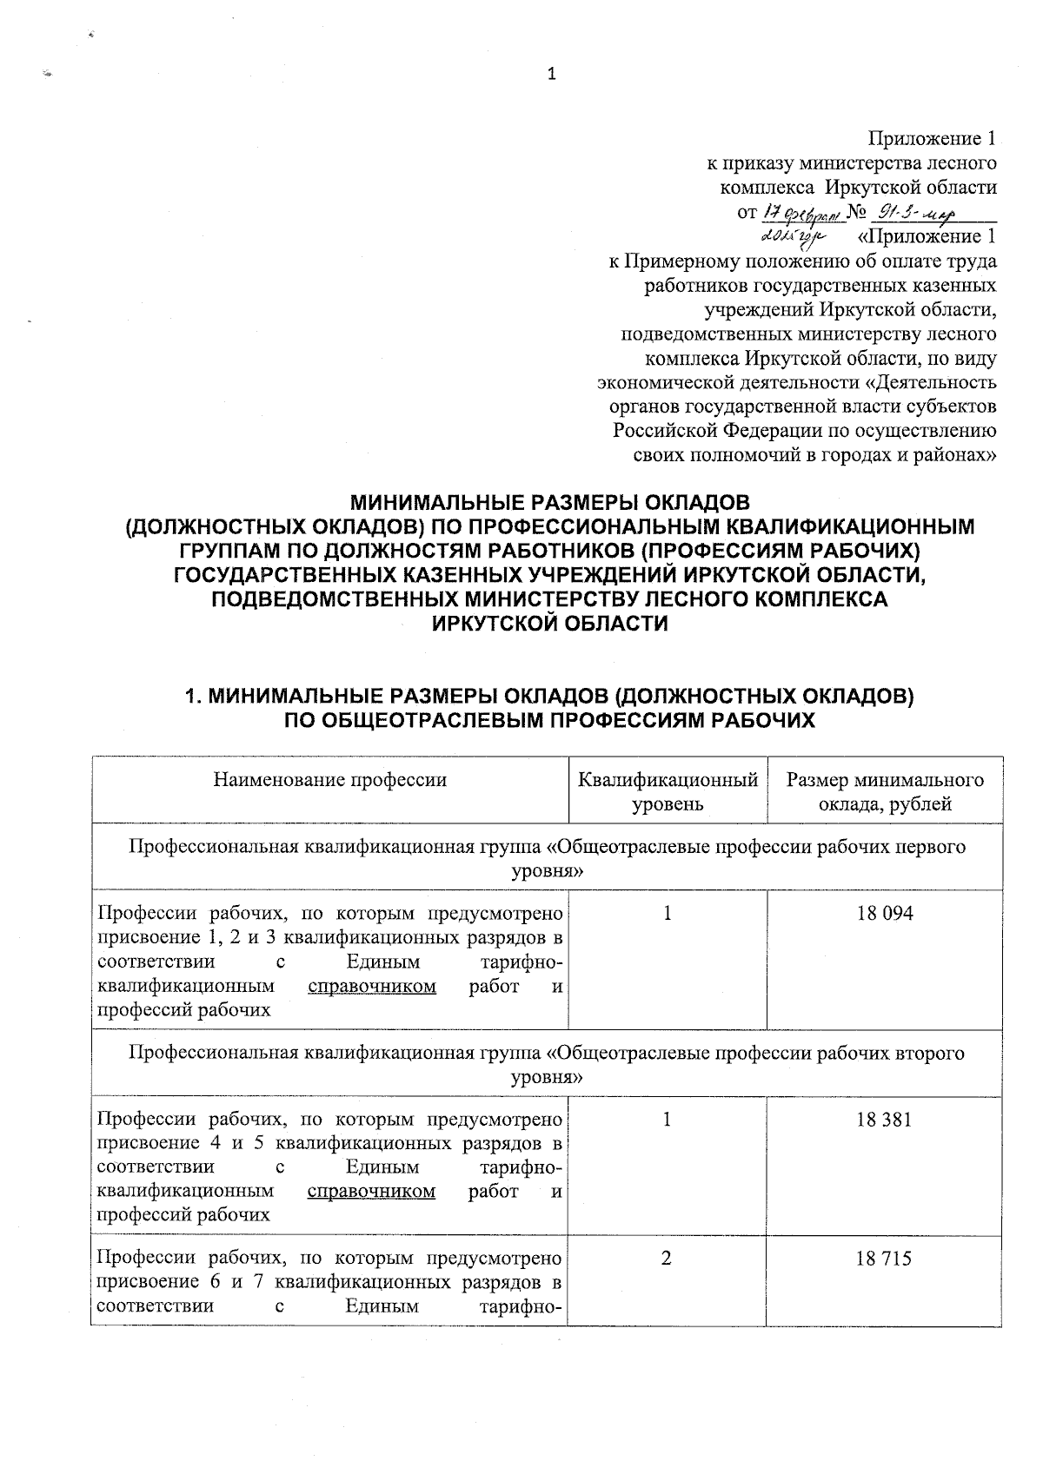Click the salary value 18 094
pyautogui.click(x=885, y=913)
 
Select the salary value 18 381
pyautogui.click(x=885, y=1120)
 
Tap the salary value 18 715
pyautogui.click(x=885, y=1259)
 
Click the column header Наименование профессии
pyautogui.click(x=330, y=779)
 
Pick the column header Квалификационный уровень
pyautogui.click(x=668, y=791)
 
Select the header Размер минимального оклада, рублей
pyautogui.click(x=885, y=791)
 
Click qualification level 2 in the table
pyautogui.click(x=667, y=1259)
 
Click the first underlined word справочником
pyautogui.click(x=372, y=987)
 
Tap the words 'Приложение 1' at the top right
pyautogui.click(x=933, y=139)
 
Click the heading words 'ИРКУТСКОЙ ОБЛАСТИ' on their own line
pyautogui.click(x=550, y=624)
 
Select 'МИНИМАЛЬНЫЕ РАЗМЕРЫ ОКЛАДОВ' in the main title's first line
pyautogui.click(x=548, y=502)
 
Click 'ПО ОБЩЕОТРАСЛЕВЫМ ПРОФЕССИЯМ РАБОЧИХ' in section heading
pyautogui.click(x=550, y=720)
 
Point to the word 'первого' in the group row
pyautogui.click(x=934, y=847)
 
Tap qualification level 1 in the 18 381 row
pyautogui.click(x=667, y=1120)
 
